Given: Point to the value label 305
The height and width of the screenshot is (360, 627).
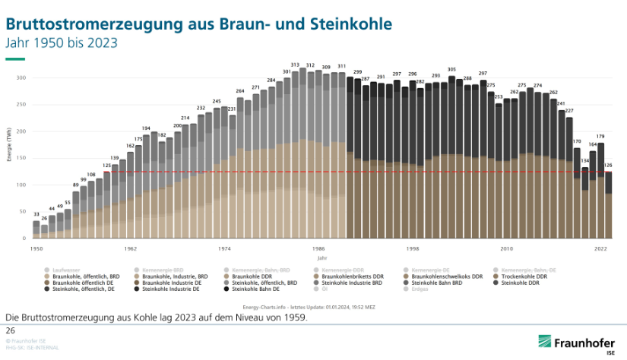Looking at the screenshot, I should pyautogui.click(x=451, y=69).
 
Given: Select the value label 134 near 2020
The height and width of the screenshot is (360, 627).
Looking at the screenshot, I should pyautogui.click(x=585, y=160).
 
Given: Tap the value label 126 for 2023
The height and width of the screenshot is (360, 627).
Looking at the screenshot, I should pyautogui.click(x=608, y=165).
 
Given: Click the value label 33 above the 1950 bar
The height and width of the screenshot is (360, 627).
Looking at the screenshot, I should pyautogui.click(x=36, y=214).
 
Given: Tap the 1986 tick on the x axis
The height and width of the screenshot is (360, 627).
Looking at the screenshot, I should pyautogui.click(x=318, y=248).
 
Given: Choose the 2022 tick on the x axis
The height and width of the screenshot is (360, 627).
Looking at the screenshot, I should pyautogui.click(x=600, y=248).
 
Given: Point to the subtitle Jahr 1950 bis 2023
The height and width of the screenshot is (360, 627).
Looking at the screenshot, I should pyautogui.click(x=62, y=43).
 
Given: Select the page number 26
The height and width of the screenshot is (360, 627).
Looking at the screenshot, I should pyautogui.click(x=11, y=331).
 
